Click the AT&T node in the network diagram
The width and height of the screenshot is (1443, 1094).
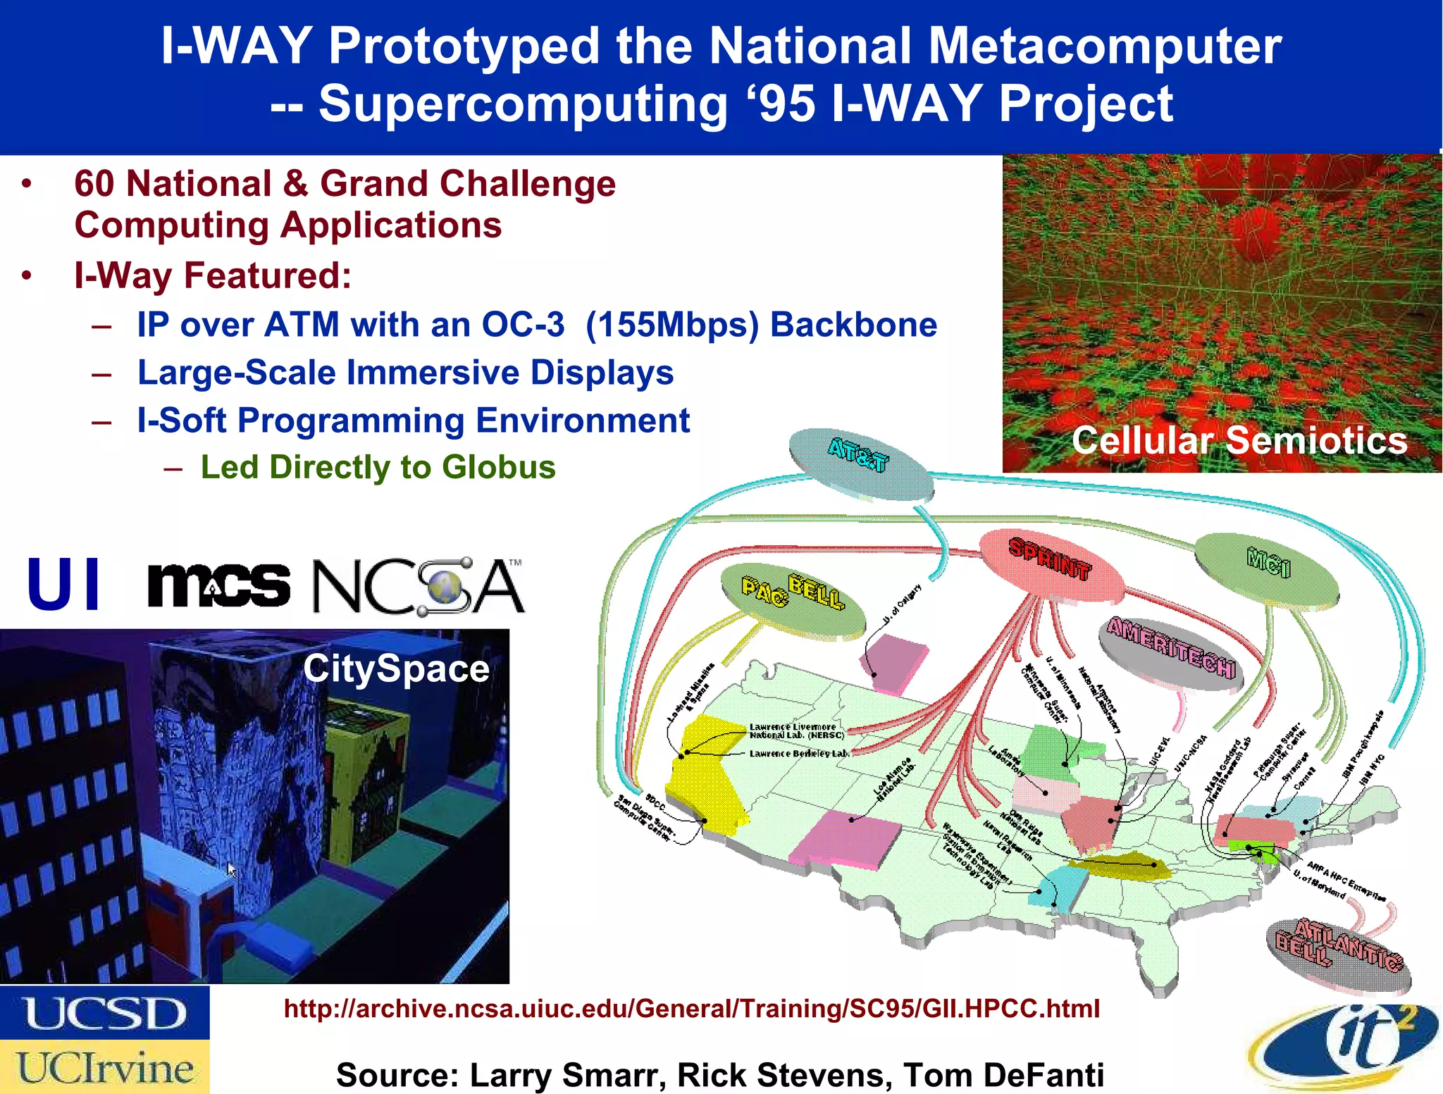pos(860,464)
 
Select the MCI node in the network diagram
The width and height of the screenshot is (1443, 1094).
pos(1267,570)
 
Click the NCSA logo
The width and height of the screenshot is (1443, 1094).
pos(418,587)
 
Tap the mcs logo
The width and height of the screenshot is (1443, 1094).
pos(218,585)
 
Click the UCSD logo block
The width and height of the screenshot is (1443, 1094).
pos(104,1012)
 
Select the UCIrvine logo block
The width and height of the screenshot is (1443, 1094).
pos(104,1067)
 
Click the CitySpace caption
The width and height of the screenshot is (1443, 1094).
pos(396,669)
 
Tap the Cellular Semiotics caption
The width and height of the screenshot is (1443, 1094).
pos(1239,441)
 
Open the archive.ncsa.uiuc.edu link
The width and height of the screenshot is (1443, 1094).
pos(691,1009)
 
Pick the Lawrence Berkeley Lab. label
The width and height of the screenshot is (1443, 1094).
pos(800,754)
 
